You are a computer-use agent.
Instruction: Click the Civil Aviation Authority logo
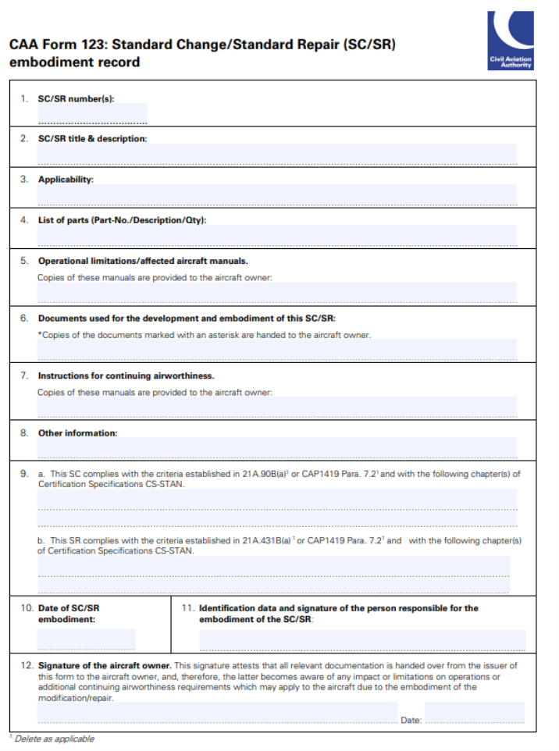pos(511,41)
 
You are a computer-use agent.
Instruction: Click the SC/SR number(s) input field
pos(92,114)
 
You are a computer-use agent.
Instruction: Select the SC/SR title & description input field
pos(277,155)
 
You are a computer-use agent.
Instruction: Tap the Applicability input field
pos(277,195)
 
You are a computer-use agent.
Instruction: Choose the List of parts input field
pos(277,235)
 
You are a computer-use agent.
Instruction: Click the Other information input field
pos(277,447)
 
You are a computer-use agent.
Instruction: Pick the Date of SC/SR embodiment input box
pos(86,639)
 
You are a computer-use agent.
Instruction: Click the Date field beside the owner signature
pos(475,713)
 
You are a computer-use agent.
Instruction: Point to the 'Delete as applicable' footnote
pos(54,739)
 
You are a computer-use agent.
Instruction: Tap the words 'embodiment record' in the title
pos(75,62)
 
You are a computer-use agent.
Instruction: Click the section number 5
pos(24,261)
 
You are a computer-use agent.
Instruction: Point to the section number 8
pos(24,432)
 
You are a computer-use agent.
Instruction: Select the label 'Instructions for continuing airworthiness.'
pos(126,375)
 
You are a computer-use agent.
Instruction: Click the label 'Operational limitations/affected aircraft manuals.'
pos(143,261)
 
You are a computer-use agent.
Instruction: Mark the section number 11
pos(187,608)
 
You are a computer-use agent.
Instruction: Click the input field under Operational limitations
pos(277,293)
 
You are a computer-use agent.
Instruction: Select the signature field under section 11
pos(361,639)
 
